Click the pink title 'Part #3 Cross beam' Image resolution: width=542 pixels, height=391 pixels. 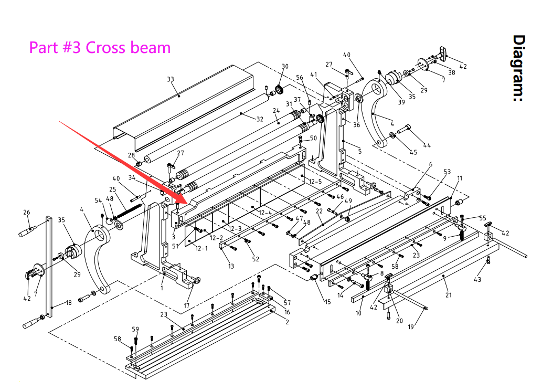100,47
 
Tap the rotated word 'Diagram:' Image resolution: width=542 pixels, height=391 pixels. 519,68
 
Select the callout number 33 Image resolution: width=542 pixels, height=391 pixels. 171,79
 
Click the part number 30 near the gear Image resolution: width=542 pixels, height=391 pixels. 285,67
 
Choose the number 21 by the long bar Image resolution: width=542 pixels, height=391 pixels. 449,295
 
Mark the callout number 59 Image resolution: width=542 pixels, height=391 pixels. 135,330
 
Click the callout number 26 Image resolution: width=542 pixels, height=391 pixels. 27,213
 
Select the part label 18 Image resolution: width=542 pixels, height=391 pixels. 69,303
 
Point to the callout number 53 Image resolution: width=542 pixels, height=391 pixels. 447,172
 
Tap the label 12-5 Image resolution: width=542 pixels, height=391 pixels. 315,182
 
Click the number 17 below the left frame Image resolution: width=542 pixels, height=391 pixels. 186,305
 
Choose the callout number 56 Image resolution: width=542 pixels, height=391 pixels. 300,78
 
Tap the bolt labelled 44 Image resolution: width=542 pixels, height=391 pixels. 407,128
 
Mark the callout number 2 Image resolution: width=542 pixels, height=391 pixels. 287,322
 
